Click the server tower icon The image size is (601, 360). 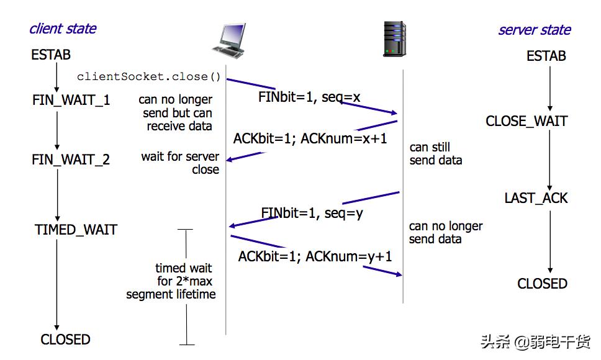click(395, 39)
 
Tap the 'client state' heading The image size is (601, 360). click(63, 29)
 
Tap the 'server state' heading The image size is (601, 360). click(534, 30)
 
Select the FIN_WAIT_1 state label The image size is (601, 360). click(71, 99)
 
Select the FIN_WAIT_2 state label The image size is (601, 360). click(71, 160)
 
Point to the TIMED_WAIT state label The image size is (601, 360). click(76, 230)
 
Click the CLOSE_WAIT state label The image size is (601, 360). click(526, 121)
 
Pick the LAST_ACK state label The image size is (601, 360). click(536, 199)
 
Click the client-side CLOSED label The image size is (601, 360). click(65, 340)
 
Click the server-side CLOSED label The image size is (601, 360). click(542, 284)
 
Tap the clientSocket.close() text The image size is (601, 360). click(149, 77)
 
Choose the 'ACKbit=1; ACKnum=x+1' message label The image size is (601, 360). click(310, 138)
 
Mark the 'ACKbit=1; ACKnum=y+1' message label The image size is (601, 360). click(315, 256)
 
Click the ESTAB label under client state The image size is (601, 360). click(51, 55)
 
